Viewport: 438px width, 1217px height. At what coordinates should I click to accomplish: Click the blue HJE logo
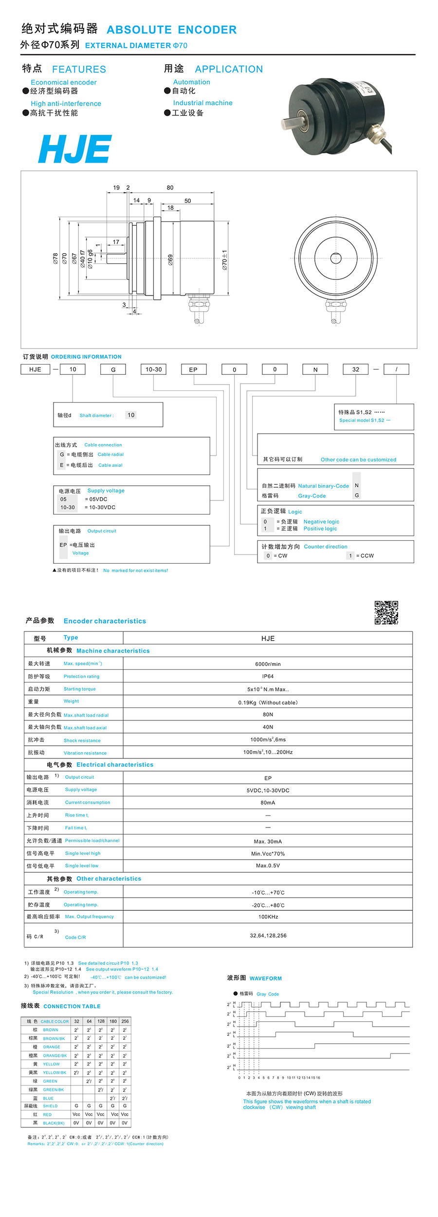(75, 149)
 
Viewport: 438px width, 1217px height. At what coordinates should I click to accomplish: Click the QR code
(386, 612)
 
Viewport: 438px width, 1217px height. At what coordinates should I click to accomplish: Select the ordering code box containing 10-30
(153, 369)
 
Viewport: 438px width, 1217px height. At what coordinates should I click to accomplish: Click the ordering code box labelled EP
(193, 369)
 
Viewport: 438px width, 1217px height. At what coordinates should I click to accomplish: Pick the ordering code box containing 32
(356, 369)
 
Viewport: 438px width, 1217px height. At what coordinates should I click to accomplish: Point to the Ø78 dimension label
(55, 258)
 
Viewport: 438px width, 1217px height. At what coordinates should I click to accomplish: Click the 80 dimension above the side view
(170, 187)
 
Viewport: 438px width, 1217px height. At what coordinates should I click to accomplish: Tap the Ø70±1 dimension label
(224, 260)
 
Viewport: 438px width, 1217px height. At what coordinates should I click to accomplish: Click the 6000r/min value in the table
(268, 664)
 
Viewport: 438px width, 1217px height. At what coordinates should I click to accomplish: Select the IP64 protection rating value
(268, 676)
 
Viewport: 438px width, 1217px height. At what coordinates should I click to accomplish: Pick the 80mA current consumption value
(268, 803)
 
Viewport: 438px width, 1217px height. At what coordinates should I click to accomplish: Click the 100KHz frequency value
(268, 917)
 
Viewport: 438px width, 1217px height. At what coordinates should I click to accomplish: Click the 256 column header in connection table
(125, 1021)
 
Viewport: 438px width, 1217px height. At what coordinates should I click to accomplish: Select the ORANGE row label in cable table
(52, 1047)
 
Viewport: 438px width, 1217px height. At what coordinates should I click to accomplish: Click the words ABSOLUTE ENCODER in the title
(171, 30)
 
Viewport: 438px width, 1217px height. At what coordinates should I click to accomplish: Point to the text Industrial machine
(202, 103)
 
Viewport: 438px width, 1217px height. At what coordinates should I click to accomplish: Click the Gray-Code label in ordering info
(312, 496)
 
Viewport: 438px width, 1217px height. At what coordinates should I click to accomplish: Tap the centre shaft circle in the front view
(336, 258)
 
